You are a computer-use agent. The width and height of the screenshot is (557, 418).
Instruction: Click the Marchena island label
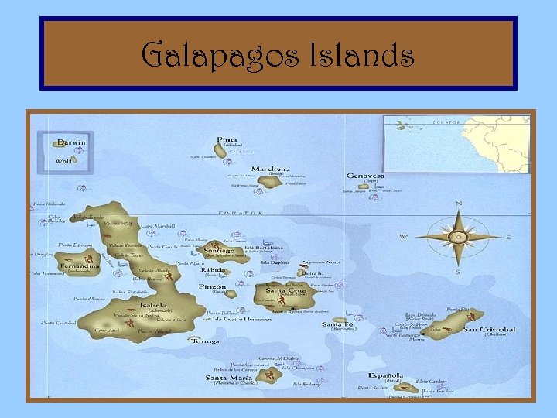click(x=271, y=169)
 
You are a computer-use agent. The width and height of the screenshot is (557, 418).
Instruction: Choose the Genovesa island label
click(x=364, y=176)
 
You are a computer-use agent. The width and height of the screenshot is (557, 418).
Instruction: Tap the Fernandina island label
click(x=77, y=266)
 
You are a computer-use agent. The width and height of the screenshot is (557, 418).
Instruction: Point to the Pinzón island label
click(x=213, y=287)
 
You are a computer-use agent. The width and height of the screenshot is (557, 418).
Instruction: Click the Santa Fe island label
click(x=337, y=324)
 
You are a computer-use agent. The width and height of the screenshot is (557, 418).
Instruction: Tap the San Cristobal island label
click(x=489, y=330)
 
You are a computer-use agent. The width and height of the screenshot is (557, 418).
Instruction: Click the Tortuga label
click(x=205, y=341)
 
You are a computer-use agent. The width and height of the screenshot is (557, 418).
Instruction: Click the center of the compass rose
click(x=458, y=236)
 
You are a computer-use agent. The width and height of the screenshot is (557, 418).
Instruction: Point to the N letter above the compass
click(x=459, y=204)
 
